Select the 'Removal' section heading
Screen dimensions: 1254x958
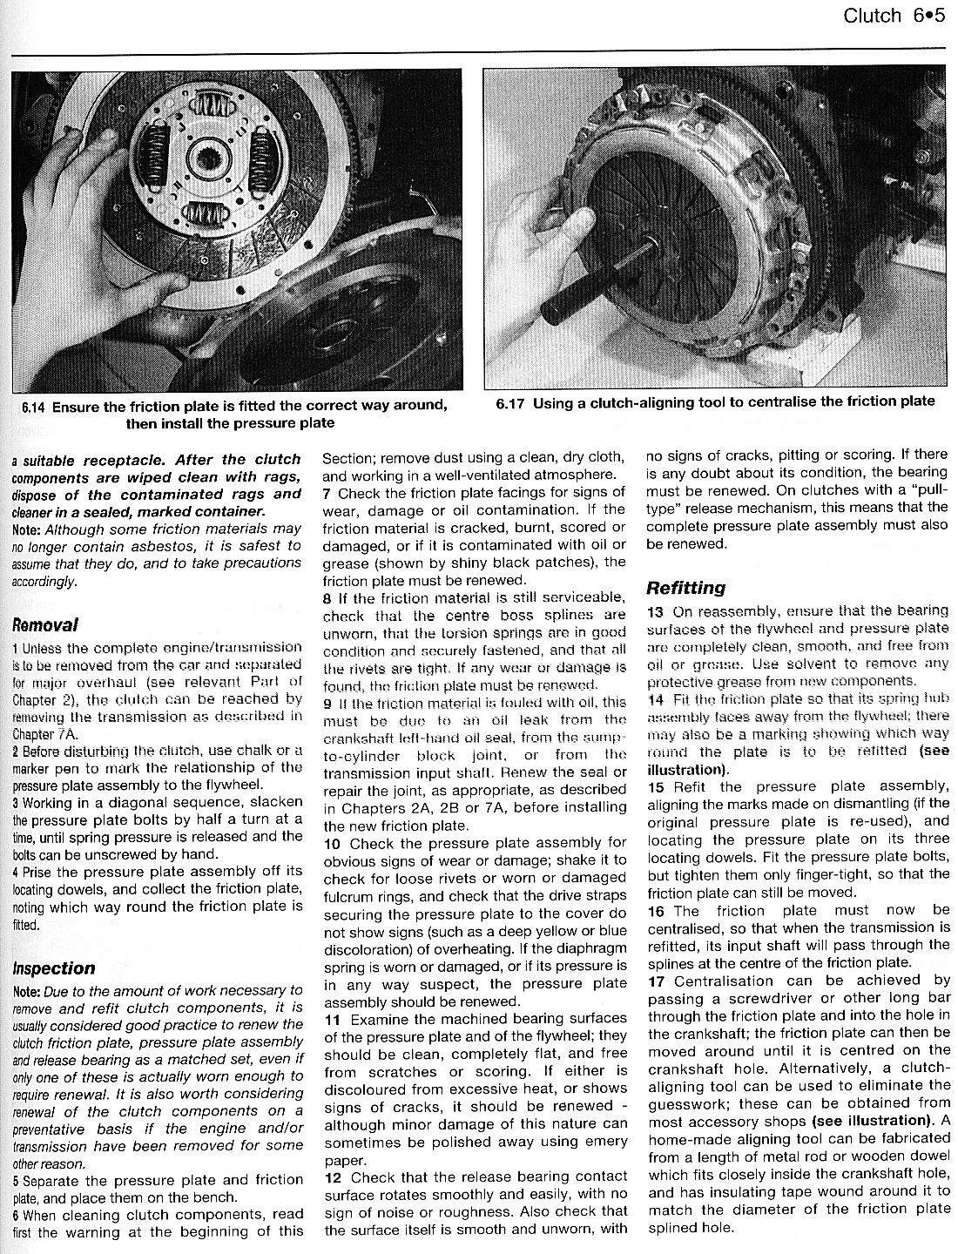[x=45, y=624]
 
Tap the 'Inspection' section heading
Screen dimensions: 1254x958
[x=54, y=968]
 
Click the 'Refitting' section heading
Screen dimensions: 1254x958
[x=685, y=588]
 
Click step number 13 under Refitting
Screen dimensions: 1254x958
[x=656, y=612]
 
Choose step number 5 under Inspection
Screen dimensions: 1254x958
[x=17, y=1182]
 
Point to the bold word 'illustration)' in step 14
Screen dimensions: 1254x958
[x=685, y=770]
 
